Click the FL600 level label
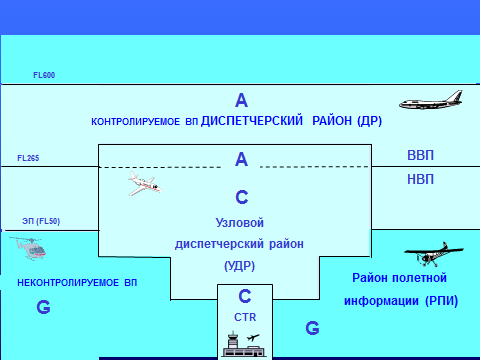43,75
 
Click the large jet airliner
434,102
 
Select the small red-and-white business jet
144,184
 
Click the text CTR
245,316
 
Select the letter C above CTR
245,297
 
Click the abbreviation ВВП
421,156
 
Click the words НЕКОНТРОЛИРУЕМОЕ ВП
77,284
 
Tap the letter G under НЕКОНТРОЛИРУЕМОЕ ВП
42,308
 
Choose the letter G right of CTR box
312,327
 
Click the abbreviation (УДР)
240,267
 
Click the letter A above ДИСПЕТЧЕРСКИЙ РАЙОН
241,100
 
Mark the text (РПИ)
432,300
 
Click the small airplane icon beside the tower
253,337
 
